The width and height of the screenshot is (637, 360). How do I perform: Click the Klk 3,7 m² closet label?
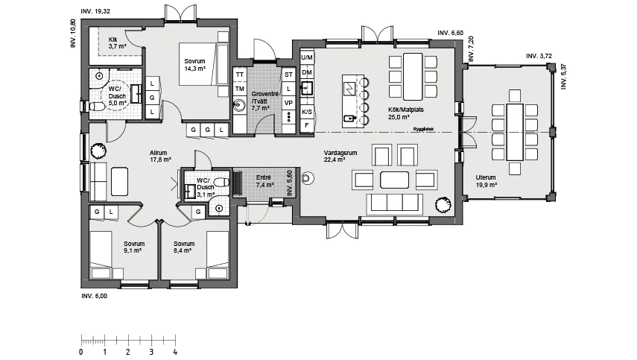[117, 43]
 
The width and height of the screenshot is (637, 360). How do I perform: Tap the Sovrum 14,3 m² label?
[194, 65]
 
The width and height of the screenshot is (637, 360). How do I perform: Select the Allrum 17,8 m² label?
[160, 157]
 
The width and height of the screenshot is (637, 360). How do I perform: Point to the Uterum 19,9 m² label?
[487, 181]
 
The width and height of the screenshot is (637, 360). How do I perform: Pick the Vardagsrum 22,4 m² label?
[340, 157]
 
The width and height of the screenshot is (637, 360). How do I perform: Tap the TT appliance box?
[240, 75]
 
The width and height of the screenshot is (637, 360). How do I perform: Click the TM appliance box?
[240, 89]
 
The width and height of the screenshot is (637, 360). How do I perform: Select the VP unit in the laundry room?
[288, 103]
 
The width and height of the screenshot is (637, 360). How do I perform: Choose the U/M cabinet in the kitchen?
[307, 57]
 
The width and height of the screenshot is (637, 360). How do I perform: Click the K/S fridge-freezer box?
[307, 111]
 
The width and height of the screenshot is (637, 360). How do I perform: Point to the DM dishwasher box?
[307, 73]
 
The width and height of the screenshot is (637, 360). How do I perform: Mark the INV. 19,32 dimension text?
[95, 11]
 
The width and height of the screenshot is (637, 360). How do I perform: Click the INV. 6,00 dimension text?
[95, 296]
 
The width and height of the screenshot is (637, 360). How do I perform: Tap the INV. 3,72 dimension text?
[539, 56]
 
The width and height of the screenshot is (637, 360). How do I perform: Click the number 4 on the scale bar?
[175, 353]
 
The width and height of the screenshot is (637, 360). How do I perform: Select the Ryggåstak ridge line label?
[424, 129]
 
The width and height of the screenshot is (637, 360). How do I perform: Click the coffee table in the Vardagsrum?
[394, 180]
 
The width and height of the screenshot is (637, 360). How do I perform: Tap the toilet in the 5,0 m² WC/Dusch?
[96, 107]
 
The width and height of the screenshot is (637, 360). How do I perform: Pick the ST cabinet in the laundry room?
[288, 75]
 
